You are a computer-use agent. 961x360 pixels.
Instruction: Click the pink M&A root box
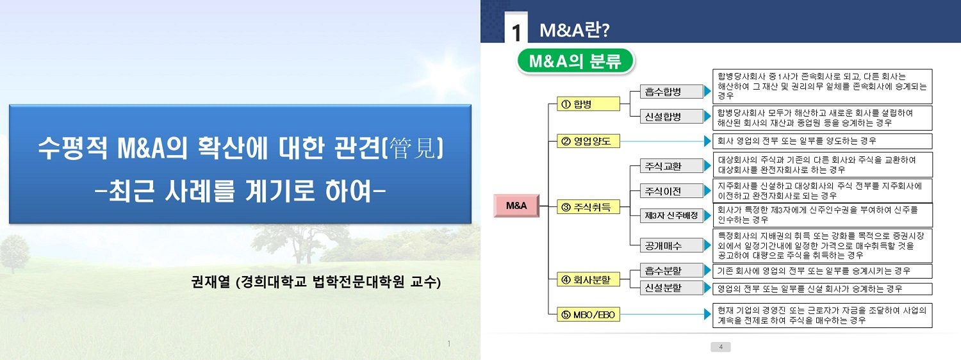tap(516, 206)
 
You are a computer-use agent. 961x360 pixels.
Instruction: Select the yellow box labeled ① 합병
tap(588, 104)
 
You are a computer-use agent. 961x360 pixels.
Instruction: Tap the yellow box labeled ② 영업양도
tap(588, 141)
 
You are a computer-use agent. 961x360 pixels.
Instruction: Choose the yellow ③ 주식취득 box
tap(588, 207)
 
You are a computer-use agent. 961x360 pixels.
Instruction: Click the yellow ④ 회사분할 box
tap(588, 280)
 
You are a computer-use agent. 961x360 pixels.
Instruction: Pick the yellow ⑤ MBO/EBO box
tap(588, 315)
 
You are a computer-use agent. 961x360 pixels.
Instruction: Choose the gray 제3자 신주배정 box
tap(671, 215)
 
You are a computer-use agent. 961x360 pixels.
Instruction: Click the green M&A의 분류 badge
tap(575, 61)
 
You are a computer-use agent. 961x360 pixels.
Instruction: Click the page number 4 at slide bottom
tap(721, 347)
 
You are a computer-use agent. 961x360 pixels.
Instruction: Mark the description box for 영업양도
tap(822, 141)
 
